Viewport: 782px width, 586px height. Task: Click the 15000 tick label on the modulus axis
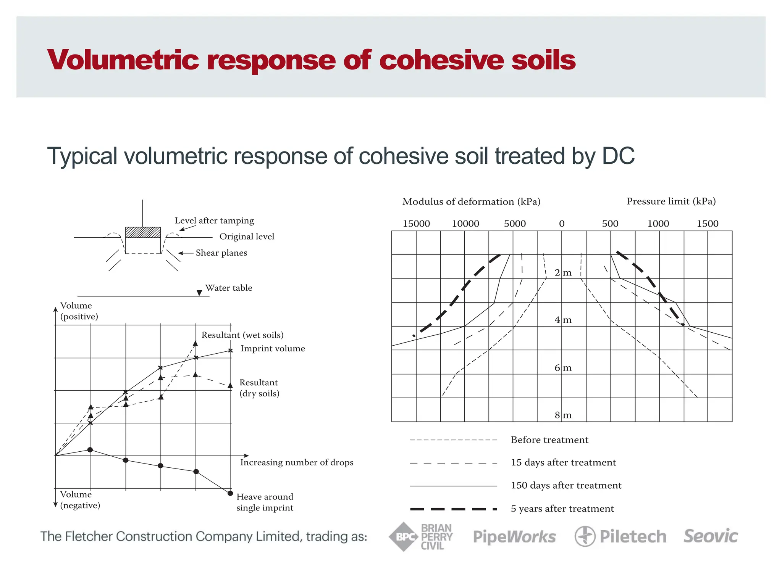[416, 224]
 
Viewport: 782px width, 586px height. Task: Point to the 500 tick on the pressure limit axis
[610, 224]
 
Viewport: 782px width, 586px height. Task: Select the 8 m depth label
[563, 415]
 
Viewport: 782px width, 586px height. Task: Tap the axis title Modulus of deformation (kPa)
[471, 201]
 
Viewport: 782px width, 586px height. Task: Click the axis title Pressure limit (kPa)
[671, 201]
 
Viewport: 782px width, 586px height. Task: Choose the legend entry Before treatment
[549, 440]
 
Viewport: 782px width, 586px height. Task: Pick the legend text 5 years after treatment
[562, 509]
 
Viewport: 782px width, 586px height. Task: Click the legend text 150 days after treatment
[566, 485]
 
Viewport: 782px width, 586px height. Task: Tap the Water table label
[229, 288]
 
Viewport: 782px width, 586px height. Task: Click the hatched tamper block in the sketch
[143, 232]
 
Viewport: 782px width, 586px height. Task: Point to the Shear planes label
[221, 253]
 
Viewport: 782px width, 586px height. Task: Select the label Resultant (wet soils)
[242, 335]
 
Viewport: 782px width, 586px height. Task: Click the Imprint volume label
[273, 348]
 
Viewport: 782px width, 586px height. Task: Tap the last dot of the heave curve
[230, 493]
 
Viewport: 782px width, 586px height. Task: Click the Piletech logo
[620, 536]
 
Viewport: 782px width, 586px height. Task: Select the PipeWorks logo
[514, 537]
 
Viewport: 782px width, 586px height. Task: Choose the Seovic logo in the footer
[711, 536]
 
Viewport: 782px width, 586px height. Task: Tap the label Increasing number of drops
[297, 462]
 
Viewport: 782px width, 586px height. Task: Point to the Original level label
[247, 237]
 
